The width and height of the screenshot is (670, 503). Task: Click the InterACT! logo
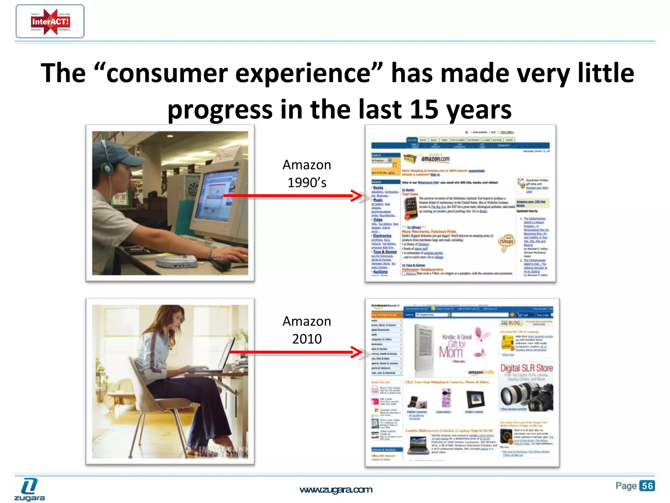click(x=50, y=22)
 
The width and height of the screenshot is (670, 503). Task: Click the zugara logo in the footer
click(x=29, y=490)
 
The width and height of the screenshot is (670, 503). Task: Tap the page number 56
click(x=647, y=486)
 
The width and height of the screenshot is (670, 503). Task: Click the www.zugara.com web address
click(x=336, y=490)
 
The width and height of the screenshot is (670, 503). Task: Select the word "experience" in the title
click(x=303, y=73)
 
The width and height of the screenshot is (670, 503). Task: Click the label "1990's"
click(x=307, y=183)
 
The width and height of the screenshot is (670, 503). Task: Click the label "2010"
click(x=307, y=339)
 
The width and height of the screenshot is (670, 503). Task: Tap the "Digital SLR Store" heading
click(x=526, y=368)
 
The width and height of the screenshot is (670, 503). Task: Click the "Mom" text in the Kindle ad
click(x=450, y=352)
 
